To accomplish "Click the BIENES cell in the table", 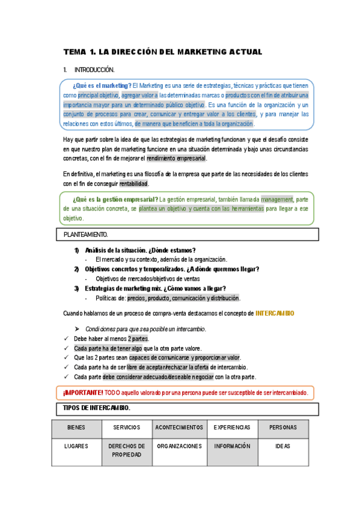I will [x=76, y=428].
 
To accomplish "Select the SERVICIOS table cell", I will [x=126, y=428].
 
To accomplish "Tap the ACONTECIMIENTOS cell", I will [x=179, y=428].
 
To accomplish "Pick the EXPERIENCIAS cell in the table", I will [x=231, y=428].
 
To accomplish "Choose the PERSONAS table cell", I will [x=282, y=428].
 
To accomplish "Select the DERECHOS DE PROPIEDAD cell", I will [x=126, y=450].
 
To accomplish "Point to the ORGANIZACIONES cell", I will [x=179, y=447].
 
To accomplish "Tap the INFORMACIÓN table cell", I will [x=231, y=447].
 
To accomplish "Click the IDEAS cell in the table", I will [x=282, y=447].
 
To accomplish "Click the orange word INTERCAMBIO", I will [x=275, y=313].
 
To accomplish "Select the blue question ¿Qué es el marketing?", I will [x=102, y=85].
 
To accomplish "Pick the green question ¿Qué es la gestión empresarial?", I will [x=115, y=200].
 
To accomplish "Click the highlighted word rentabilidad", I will [x=133, y=183].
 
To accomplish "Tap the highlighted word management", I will [x=276, y=200].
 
